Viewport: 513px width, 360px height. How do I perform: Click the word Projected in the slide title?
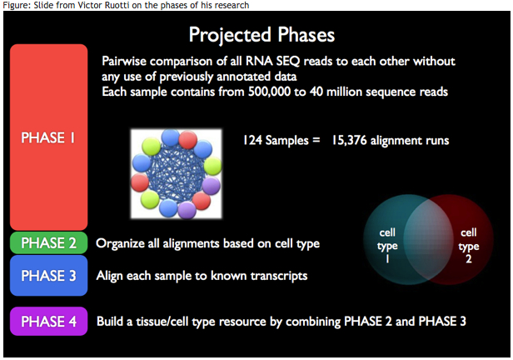coord(230,35)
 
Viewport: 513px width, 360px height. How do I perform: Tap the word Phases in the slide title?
coord(306,34)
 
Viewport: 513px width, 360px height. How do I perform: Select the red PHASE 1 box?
coord(49,137)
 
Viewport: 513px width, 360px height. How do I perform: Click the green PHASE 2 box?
coord(49,242)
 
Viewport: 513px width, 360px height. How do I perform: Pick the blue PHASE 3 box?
coord(49,276)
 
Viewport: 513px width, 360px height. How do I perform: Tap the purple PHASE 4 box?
coord(49,321)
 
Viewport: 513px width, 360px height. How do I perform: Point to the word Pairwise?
coord(124,61)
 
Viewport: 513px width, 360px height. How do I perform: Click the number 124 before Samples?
coord(252,140)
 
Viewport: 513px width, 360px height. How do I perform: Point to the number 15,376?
coord(349,140)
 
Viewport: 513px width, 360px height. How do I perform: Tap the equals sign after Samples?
coord(316,141)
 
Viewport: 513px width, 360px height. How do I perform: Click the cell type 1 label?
coord(387,246)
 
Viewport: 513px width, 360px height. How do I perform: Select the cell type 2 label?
coord(469,246)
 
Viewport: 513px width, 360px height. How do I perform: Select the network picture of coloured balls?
coord(177,173)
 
